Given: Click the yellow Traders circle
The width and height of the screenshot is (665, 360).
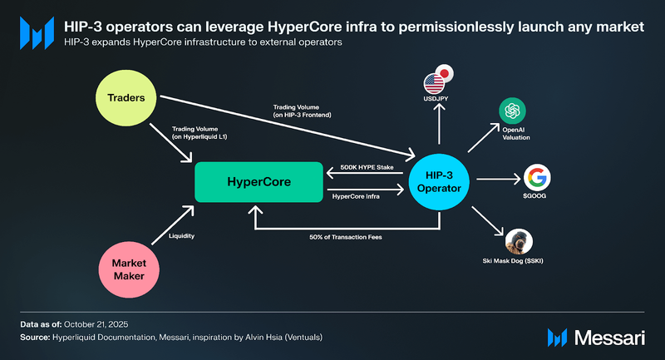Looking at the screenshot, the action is tap(126, 98).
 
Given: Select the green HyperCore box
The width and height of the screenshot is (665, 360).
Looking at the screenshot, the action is tap(259, 182).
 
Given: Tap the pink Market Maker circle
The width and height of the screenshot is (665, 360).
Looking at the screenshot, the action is tap(129, 269).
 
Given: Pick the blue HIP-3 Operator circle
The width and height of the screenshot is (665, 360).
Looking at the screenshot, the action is tap(439, 182).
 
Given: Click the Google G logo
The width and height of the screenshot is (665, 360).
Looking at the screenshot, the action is tap(537, 177).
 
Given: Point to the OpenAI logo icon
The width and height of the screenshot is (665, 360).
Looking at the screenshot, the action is tap(512, 111).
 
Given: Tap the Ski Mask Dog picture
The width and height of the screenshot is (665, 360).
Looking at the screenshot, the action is tap(519, 242).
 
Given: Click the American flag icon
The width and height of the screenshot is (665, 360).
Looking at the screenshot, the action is tap(434, 83).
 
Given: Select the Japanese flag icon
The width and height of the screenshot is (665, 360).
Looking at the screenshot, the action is tap(444, 73).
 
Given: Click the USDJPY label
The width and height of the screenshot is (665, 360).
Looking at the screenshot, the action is tap(436, 99).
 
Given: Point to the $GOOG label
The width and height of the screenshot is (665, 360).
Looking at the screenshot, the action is tap(534, 196).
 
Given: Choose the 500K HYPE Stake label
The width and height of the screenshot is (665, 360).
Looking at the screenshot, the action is tap(367, 167).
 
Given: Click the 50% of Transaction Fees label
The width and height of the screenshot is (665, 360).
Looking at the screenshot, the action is tap(346, 238).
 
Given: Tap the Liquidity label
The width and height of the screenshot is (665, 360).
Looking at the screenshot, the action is tap(181, 236).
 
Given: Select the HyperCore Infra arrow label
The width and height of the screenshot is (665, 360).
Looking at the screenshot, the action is tap(356, 197).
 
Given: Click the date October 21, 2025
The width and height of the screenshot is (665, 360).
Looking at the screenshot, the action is tap(96, 324).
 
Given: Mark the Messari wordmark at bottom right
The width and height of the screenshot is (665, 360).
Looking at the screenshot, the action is tap(609, 338).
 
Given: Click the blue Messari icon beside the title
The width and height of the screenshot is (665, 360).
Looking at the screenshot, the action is tap(37, 33).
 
